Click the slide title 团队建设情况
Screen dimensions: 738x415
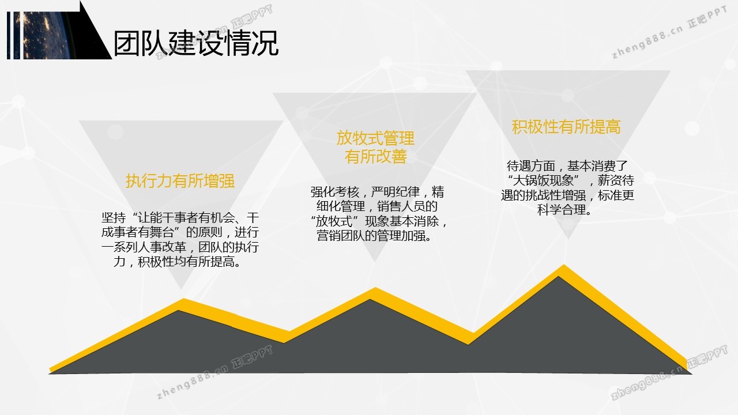click(196, 43)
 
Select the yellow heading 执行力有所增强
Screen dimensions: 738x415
click(180, 181)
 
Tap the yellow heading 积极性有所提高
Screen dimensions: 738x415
click(566, 127)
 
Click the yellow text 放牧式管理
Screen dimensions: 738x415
click(375, 138)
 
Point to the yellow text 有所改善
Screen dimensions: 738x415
click(375, 156)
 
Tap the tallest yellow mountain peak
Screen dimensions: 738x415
click(564, 265)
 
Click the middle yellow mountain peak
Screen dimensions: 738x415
click(375, 288)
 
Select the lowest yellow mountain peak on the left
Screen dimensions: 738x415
click(183, 300)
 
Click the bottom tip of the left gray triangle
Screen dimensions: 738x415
click(181, 289)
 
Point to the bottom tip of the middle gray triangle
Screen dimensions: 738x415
click(375, 262)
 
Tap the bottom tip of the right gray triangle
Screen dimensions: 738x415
click(568, 239)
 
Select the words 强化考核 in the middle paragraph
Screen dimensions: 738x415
click(335, 192)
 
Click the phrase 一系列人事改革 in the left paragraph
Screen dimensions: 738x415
click(144, 247)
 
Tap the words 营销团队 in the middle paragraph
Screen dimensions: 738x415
click(341, 236)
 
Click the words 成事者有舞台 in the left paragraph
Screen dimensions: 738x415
click(137, 232)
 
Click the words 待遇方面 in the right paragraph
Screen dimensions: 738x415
click(531, 166)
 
